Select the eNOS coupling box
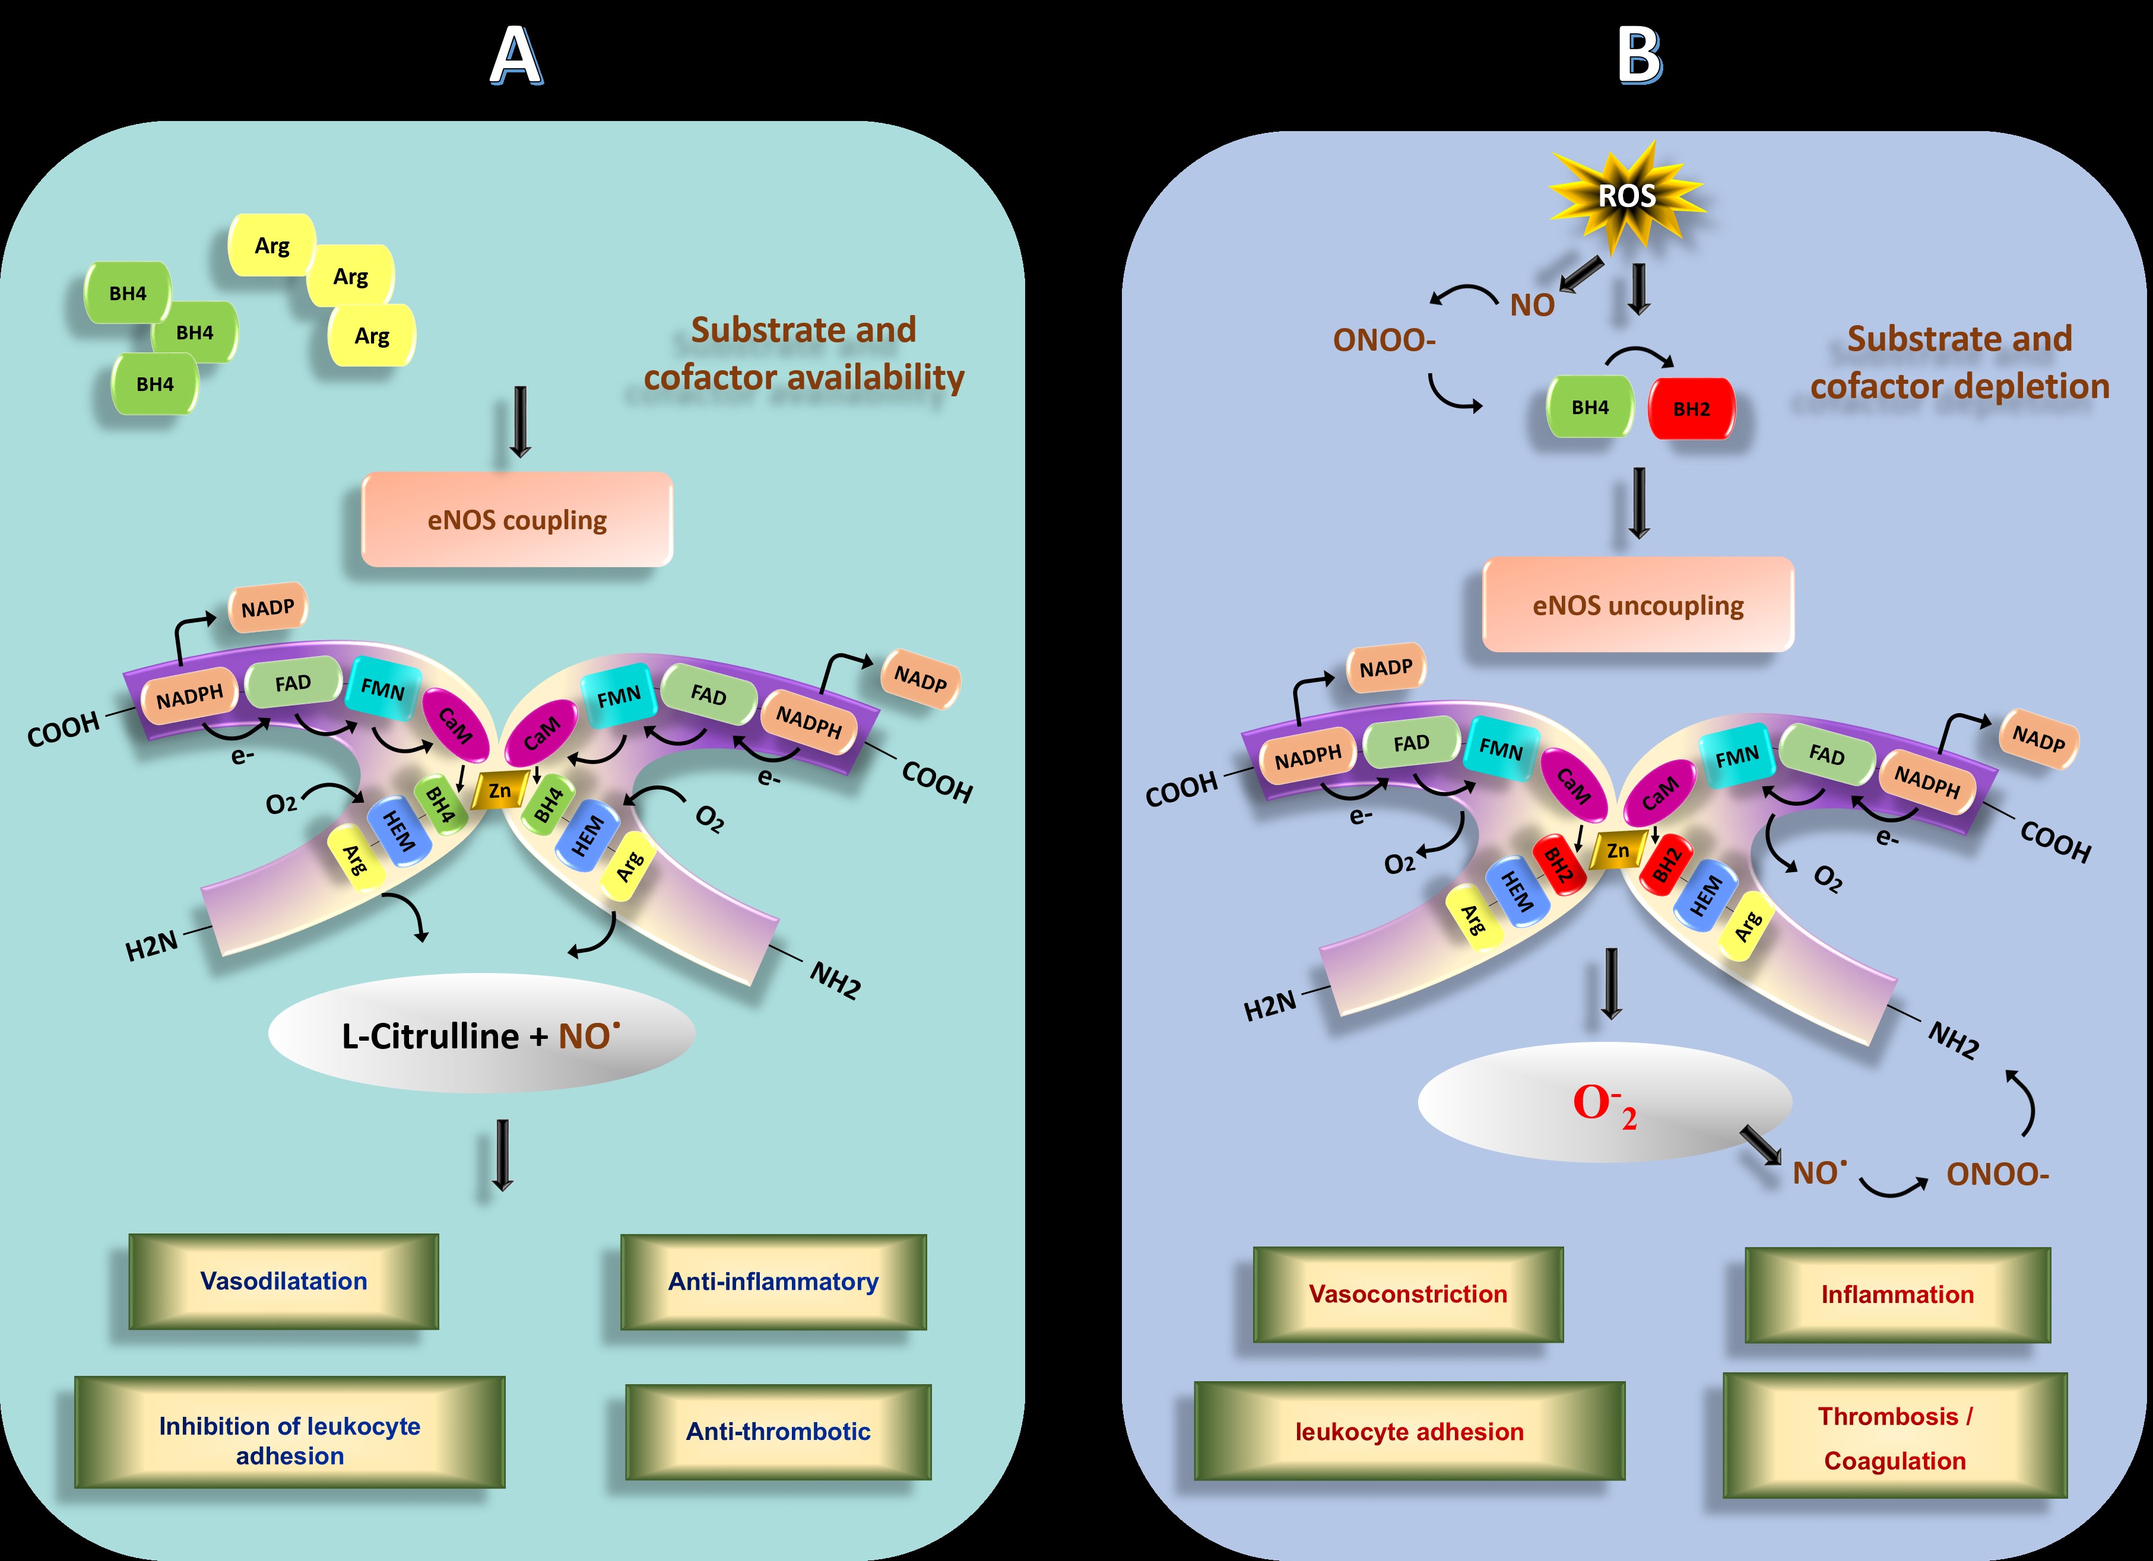point(518,520)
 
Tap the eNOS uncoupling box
point(1638,605)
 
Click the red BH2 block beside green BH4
point(1691,409)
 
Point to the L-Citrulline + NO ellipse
point(481,1034)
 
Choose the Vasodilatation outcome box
point(284,1281)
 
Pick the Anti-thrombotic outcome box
point(778,1432)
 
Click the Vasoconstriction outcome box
point(1408,1295)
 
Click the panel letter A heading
point(515,57)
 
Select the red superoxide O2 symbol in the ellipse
point(1605,1105)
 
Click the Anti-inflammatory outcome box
point(773,1282)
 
